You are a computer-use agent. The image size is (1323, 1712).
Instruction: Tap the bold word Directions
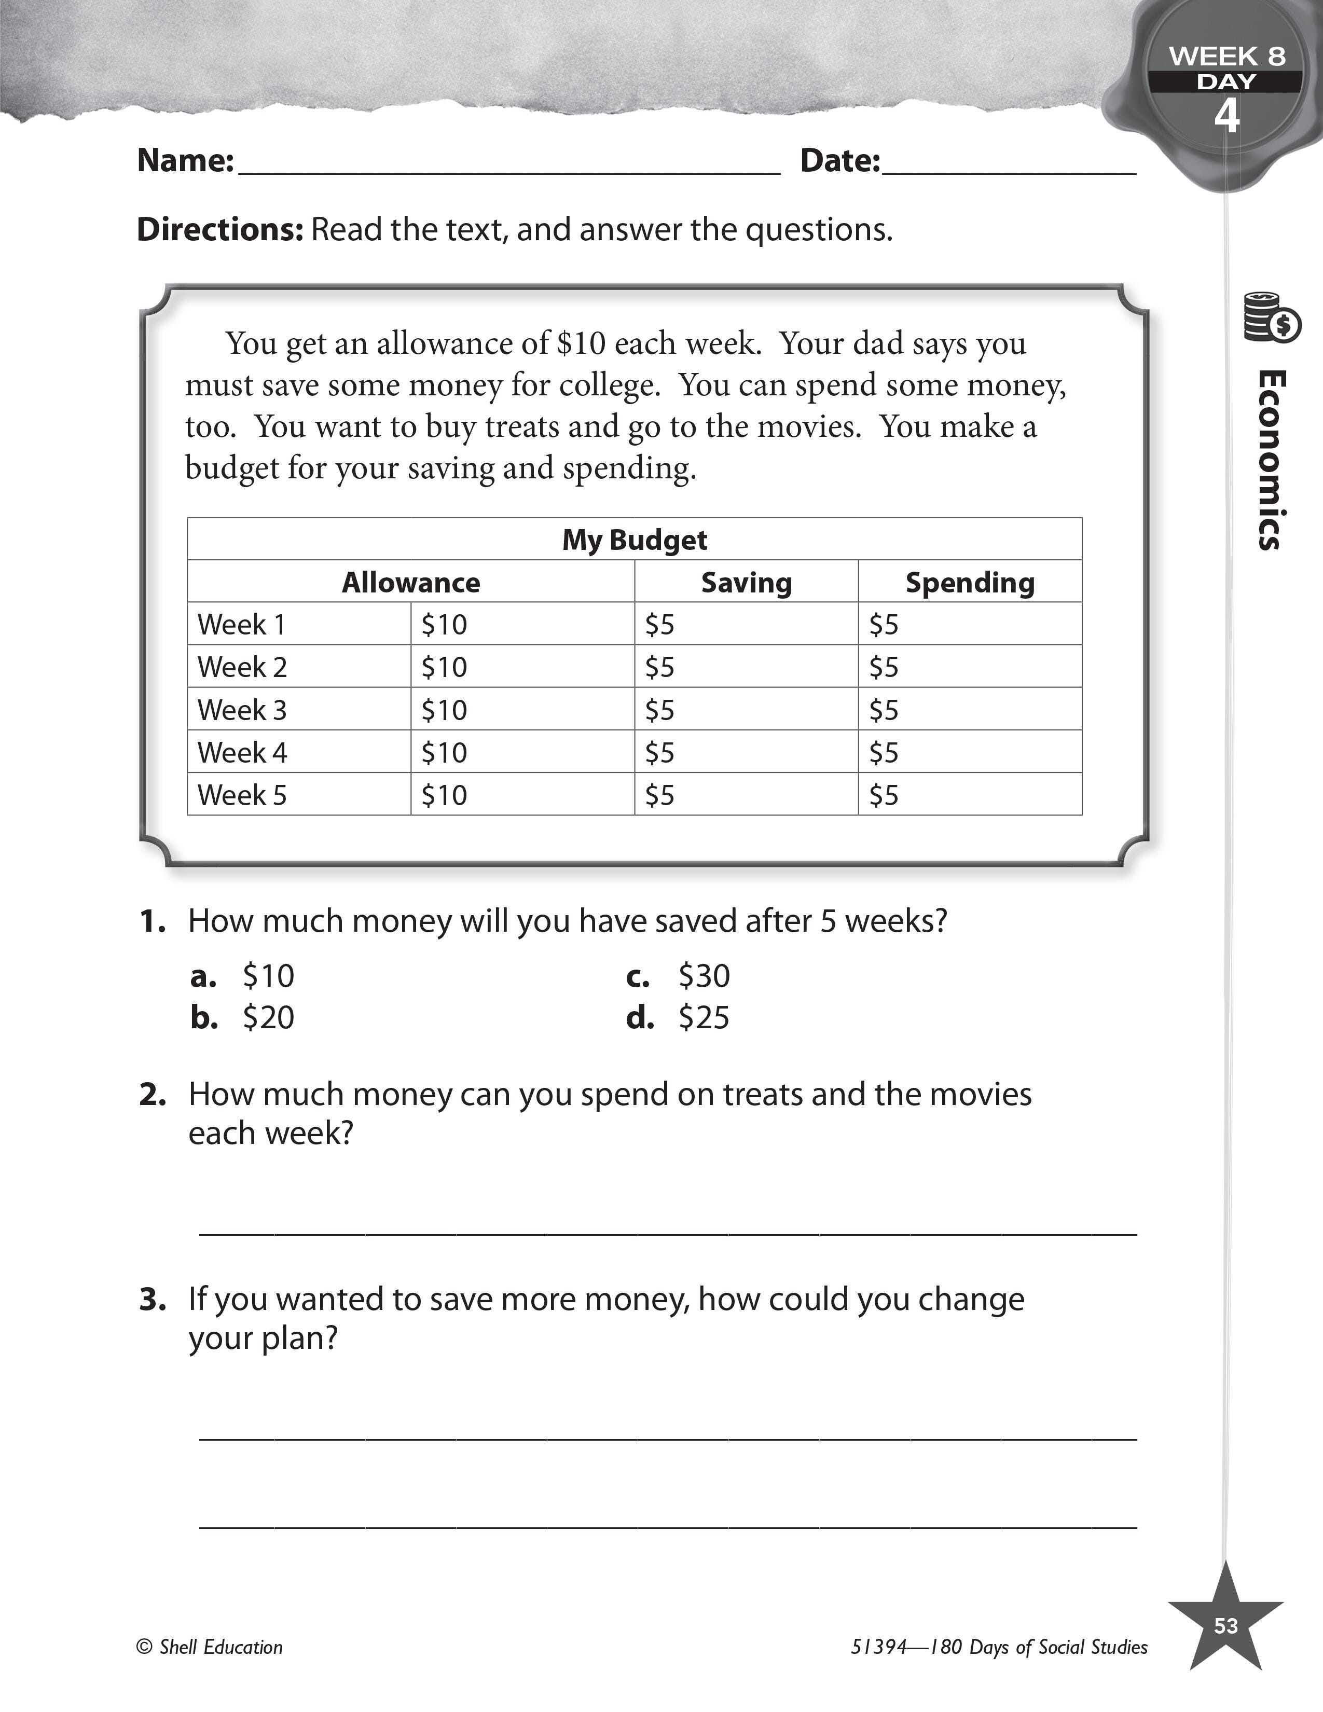(219, 230)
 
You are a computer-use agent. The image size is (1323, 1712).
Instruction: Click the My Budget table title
(634, 540)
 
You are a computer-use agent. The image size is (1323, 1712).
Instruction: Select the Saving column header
(746, 583)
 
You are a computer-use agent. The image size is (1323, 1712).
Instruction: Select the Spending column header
(970, 583)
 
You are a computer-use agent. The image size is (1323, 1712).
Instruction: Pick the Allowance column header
(411, 583)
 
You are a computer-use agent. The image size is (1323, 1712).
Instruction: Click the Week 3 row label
(242, 710)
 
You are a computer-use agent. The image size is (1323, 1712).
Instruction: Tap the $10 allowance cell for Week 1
(445, 625)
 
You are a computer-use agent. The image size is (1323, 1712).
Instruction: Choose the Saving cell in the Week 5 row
(660, 796)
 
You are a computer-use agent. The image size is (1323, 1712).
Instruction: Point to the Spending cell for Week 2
(884, 668)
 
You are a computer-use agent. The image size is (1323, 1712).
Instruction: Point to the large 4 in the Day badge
(1226, 116)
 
